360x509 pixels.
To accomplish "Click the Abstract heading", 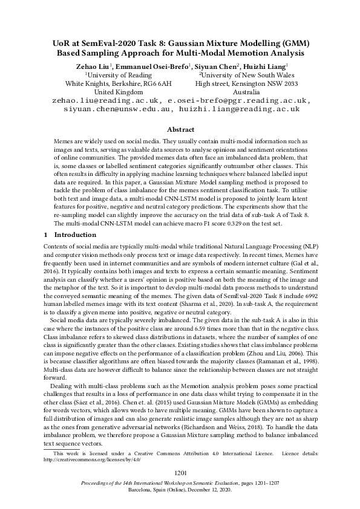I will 180,129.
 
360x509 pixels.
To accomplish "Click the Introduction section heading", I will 67,234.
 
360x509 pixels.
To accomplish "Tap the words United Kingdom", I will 118,92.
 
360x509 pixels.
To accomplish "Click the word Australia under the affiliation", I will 246,92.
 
